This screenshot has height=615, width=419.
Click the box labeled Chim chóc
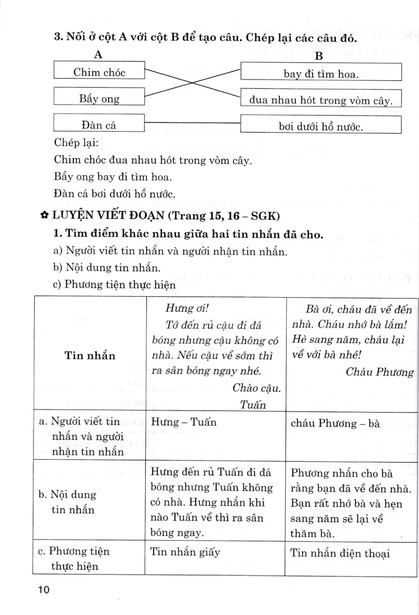pos(99,72)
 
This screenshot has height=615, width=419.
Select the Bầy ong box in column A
pos(99,98)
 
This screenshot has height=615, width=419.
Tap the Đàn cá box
pos(99,125)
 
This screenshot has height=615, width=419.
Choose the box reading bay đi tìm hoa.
pos(321,73)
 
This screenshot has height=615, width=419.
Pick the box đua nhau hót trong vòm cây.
pos(321,100)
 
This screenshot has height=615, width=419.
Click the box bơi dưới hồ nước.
pos(321,126)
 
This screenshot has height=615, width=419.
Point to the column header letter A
pos(99,54)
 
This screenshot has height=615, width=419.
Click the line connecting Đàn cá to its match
pos(192,123)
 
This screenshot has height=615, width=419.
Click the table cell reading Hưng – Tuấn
pos(184,422)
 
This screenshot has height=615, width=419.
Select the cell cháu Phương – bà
pos(335,424)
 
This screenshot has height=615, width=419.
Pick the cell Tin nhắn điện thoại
pos(340,553)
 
